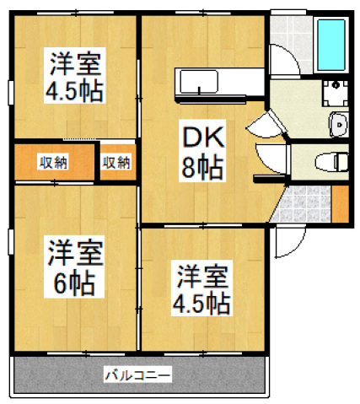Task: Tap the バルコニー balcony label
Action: click(137, 374)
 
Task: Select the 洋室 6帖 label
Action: click(74, 267)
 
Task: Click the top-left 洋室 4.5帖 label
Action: click(74, 75)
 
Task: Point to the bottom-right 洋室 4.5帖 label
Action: click(201, 288)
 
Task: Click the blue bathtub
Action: click(331, 45)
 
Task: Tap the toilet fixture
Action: click(331, 162)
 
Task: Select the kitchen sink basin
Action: click(199, 81)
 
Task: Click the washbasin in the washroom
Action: click(339, 125)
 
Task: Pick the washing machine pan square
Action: click(335, 93)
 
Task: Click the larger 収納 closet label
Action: click(53, 163)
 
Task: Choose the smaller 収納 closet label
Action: click(116, 163)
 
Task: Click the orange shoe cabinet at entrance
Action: click(341, 203)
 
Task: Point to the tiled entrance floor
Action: click(302, 203)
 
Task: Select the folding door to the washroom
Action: click(267, 124)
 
